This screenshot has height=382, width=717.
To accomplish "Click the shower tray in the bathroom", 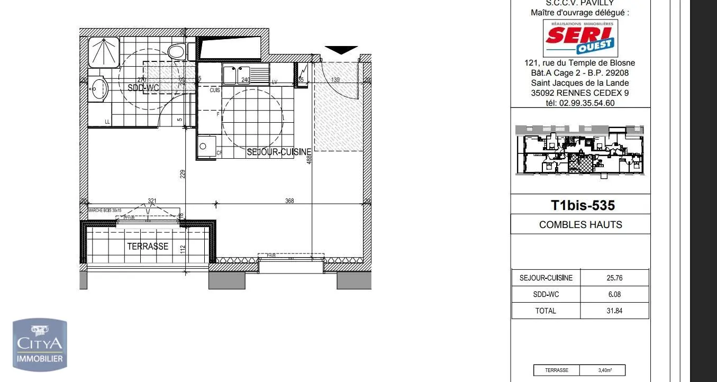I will point(103,52).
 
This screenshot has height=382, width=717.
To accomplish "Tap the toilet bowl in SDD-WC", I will point(176,51).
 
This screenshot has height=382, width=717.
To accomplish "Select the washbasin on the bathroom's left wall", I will point(99,88).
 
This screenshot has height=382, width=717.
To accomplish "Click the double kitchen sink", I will point(236,75).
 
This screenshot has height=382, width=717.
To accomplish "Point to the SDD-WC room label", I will point(142,88).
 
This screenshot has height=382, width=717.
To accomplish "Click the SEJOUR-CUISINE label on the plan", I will point(279,152).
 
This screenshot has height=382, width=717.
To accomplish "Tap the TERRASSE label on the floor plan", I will point(148,246).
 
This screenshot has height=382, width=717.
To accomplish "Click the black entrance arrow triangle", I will point(341,50).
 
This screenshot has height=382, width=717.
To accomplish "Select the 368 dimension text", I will point(289,201).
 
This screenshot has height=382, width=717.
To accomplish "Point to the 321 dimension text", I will point(152,201).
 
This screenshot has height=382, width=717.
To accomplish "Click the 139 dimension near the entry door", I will point(335,80).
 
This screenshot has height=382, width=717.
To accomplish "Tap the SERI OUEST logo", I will point(579,38).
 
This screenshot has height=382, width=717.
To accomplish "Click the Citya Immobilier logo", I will point(40,344).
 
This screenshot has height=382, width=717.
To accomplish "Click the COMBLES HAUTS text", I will point(580,224).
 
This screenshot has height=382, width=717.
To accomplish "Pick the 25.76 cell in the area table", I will point(614,278).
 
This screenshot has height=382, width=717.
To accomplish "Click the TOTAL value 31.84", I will point(614,311).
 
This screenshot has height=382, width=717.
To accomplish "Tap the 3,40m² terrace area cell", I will point(603,370).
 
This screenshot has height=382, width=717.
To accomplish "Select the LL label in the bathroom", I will point(107,122).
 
